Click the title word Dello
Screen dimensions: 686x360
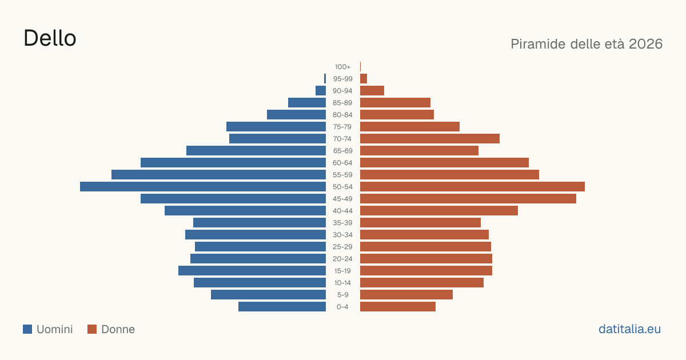point(50,38)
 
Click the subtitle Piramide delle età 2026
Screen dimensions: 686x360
point(587,44)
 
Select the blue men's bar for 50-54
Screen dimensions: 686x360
point(203,187)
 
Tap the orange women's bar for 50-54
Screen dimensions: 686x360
point(472,187)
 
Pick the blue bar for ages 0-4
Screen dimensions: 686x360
point(282,307)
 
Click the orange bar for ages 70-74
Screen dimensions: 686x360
point(430,139)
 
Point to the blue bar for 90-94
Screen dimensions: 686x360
point(321,91)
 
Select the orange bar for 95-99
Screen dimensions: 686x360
point(364,79)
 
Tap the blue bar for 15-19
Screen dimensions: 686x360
point(252,271)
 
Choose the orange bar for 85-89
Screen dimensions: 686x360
point(395,102)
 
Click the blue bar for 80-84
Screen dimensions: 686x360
point(296,115)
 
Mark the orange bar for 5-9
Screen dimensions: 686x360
point(406,295)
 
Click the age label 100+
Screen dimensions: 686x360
point(342,67)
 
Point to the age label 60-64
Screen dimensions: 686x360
point(342,163)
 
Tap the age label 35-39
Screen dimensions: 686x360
point(342,223)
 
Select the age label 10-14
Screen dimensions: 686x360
point(342,283)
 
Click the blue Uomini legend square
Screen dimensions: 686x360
point(27,329)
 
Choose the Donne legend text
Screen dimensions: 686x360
point(118,329)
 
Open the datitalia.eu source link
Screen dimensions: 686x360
point(629,329)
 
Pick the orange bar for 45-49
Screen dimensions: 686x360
point(468,199)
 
